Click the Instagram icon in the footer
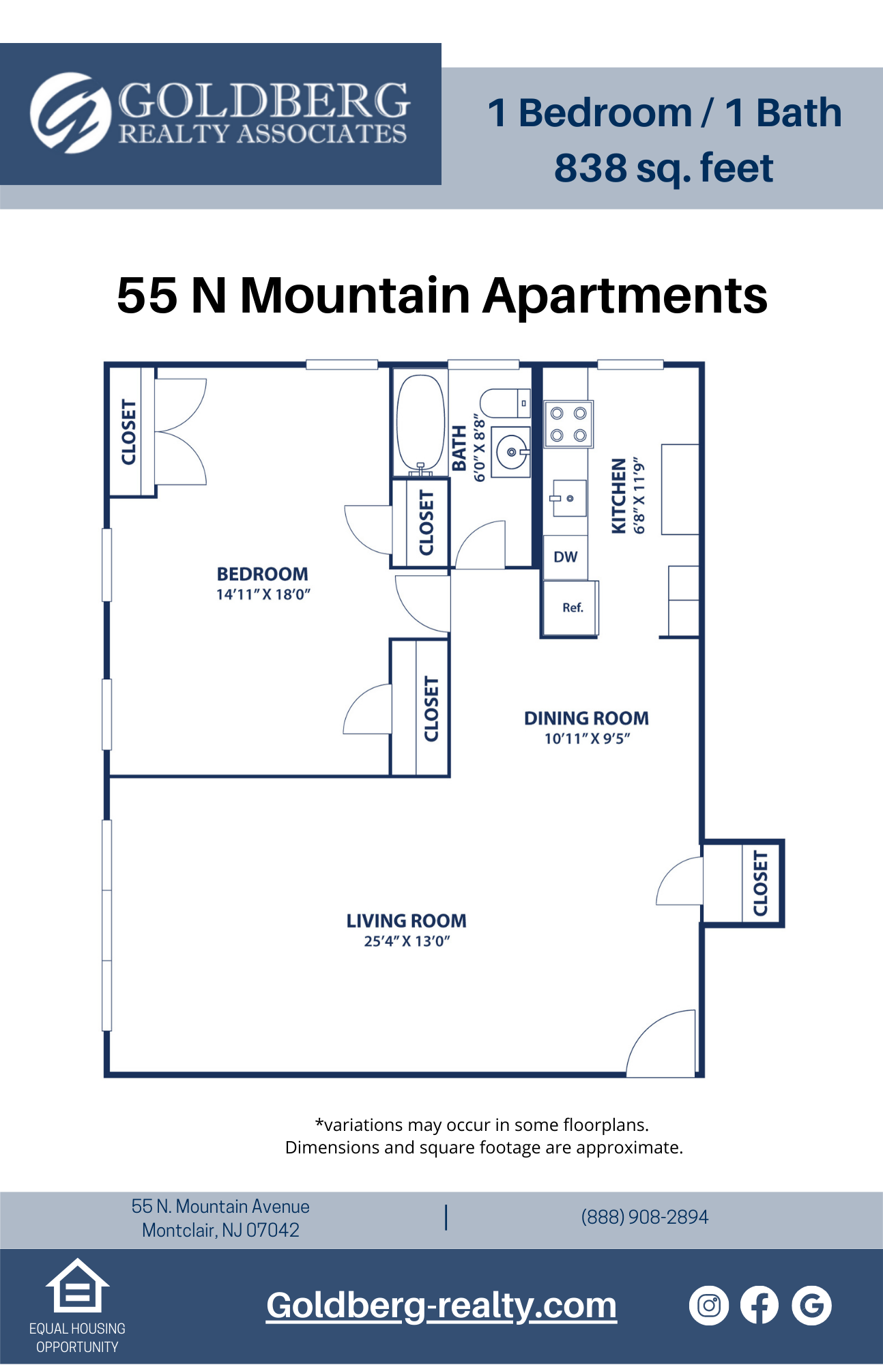(x=709, y=1306)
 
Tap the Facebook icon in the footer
(x=759, y=1306)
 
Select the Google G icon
(x=811, y=1306)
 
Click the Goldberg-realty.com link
(x=441, y=1306)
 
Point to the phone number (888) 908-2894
(x=645, y=1217)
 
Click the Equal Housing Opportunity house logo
(x=77, y=1286)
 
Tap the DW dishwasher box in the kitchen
(x=565, y=557)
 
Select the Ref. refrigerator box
(x=572, y=607)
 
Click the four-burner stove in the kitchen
(x=568, y=424)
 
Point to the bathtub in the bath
(x=420, y=423)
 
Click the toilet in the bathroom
(x=504, y=403)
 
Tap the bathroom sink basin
(x=512, y=452)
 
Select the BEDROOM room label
(x=263, y=574)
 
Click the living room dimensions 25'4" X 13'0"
(x=407, y=941)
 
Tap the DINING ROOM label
(x=586, y=718)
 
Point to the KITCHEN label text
(x=618, y=495)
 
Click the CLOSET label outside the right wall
(x=760, y=883)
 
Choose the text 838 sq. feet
(x=663, y=168)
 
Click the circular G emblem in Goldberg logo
(x=70, y=113)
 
